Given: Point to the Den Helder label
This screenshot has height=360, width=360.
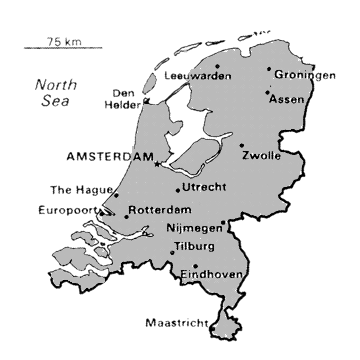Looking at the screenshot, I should (129, 91).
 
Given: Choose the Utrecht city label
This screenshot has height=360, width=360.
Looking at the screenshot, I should (206, 187).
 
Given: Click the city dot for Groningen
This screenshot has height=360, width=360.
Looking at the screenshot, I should (269, 70).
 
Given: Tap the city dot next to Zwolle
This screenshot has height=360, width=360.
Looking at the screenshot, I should (242, 146).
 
